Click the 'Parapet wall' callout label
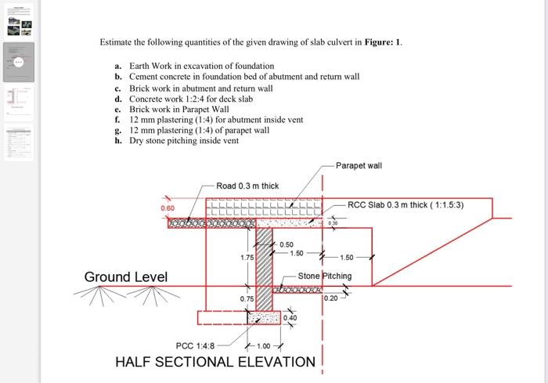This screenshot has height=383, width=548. [x=359, y=166]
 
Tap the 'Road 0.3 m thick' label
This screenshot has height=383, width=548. [x=247, y=186]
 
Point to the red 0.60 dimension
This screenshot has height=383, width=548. [x=168, y=208]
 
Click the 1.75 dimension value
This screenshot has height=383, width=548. [x=247, y=257]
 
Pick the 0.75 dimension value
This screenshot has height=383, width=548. [x=247, y=298]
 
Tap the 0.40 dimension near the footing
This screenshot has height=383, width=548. [x=290, y=318]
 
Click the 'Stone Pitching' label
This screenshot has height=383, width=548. [x=325, y=276]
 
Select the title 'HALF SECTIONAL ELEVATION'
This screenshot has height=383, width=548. [x=215, y=362]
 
